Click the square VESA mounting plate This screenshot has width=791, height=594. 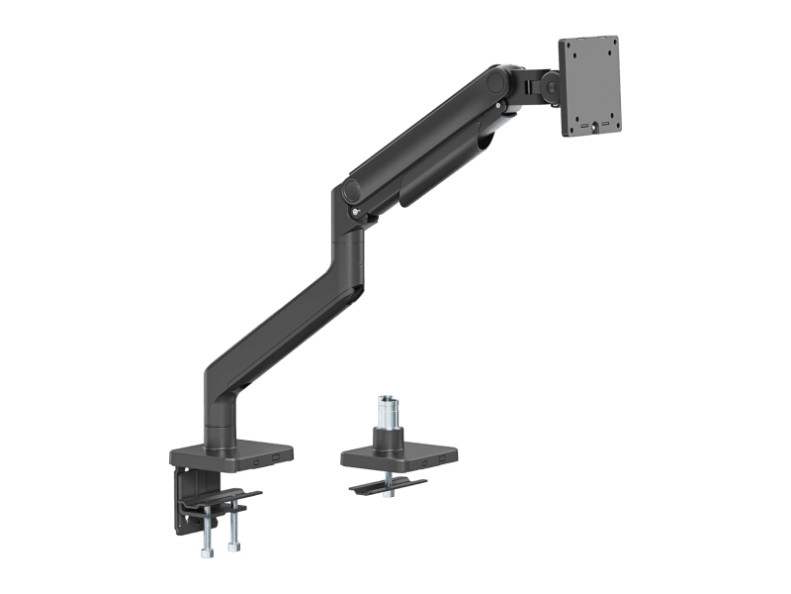(589, 86)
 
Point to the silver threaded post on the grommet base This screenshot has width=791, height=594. (387, 411)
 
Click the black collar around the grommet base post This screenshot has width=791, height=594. (387, 438)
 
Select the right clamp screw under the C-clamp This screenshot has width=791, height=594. (233, 530)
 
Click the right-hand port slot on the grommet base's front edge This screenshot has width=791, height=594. (442, 459)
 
